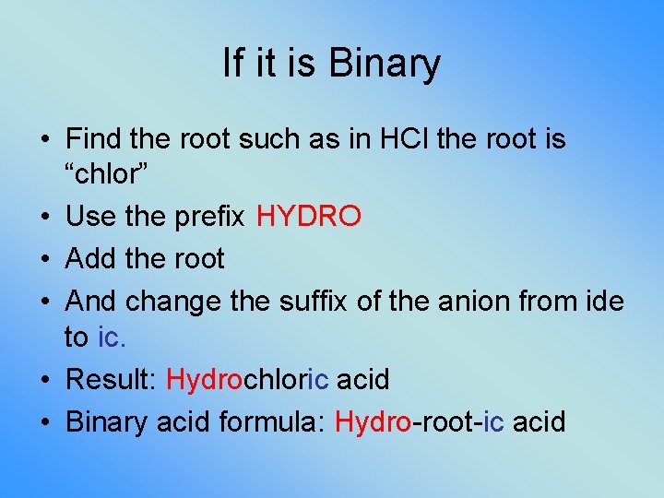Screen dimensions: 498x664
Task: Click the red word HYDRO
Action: [309, 217]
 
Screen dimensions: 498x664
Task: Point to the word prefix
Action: [214, 217]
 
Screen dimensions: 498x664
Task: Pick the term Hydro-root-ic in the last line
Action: [419, 421]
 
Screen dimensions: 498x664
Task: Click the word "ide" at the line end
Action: [603, 302]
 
